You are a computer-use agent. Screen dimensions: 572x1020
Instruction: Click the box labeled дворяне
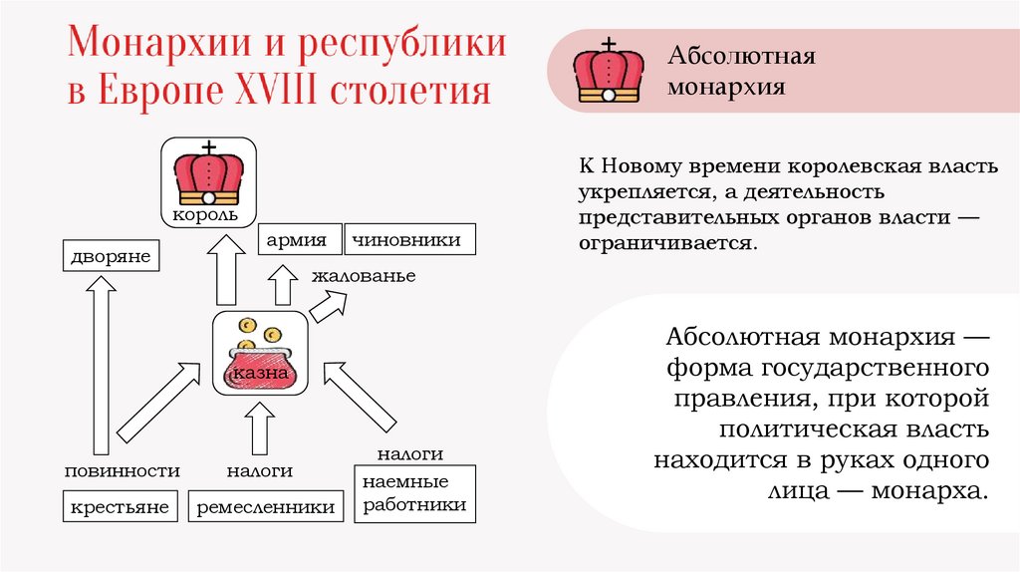point(110,257)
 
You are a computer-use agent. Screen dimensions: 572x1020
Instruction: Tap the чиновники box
point(408,240)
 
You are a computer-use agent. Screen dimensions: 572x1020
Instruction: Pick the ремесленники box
point(265,505)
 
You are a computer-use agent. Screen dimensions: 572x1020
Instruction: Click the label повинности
point(123,471)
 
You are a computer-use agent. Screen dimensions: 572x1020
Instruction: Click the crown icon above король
point(208,175)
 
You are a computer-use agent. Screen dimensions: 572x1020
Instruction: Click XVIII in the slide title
point(269,92)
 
